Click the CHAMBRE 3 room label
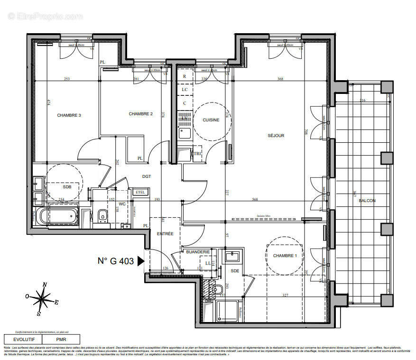click(x=69, y=115)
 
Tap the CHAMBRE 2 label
click(x=140, y=114)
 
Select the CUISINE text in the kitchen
click(x=211, y=120)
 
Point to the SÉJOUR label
click(x=276, y=136)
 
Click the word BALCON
click(x=367, y=201)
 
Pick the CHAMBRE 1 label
click(x=285, y=256)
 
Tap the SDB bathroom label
click(x=67, y=187)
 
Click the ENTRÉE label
click(x=166, y=234)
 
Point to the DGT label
click(x=147, y=176)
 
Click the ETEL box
click(x=140, y=192)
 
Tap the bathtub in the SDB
click(x=59, y=216)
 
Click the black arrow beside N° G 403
click(x=141, y=260)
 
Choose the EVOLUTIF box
click(x=23, y=339)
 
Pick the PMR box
click(x=61, y=339)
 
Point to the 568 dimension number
click(x=255, y=199)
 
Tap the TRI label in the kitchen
click(x=197, y=154)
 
